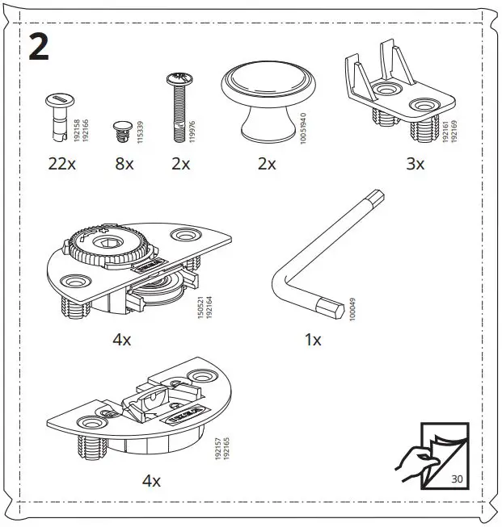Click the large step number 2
point(39,48)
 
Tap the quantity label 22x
point(61,164)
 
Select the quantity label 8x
point(124,164)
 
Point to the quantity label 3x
point(415,164)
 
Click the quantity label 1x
point(313,340)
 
